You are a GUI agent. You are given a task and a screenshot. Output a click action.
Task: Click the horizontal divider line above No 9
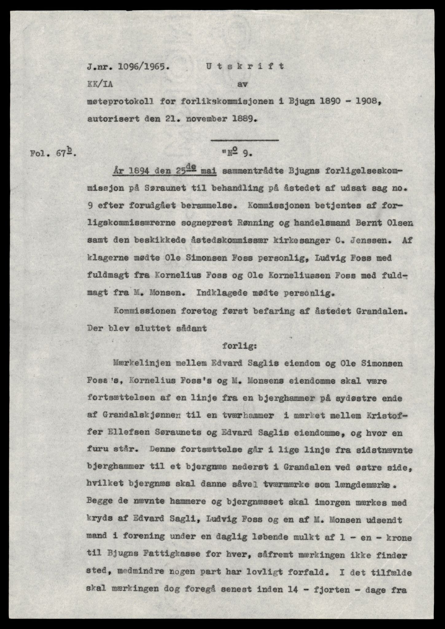(x=245, y=140)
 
